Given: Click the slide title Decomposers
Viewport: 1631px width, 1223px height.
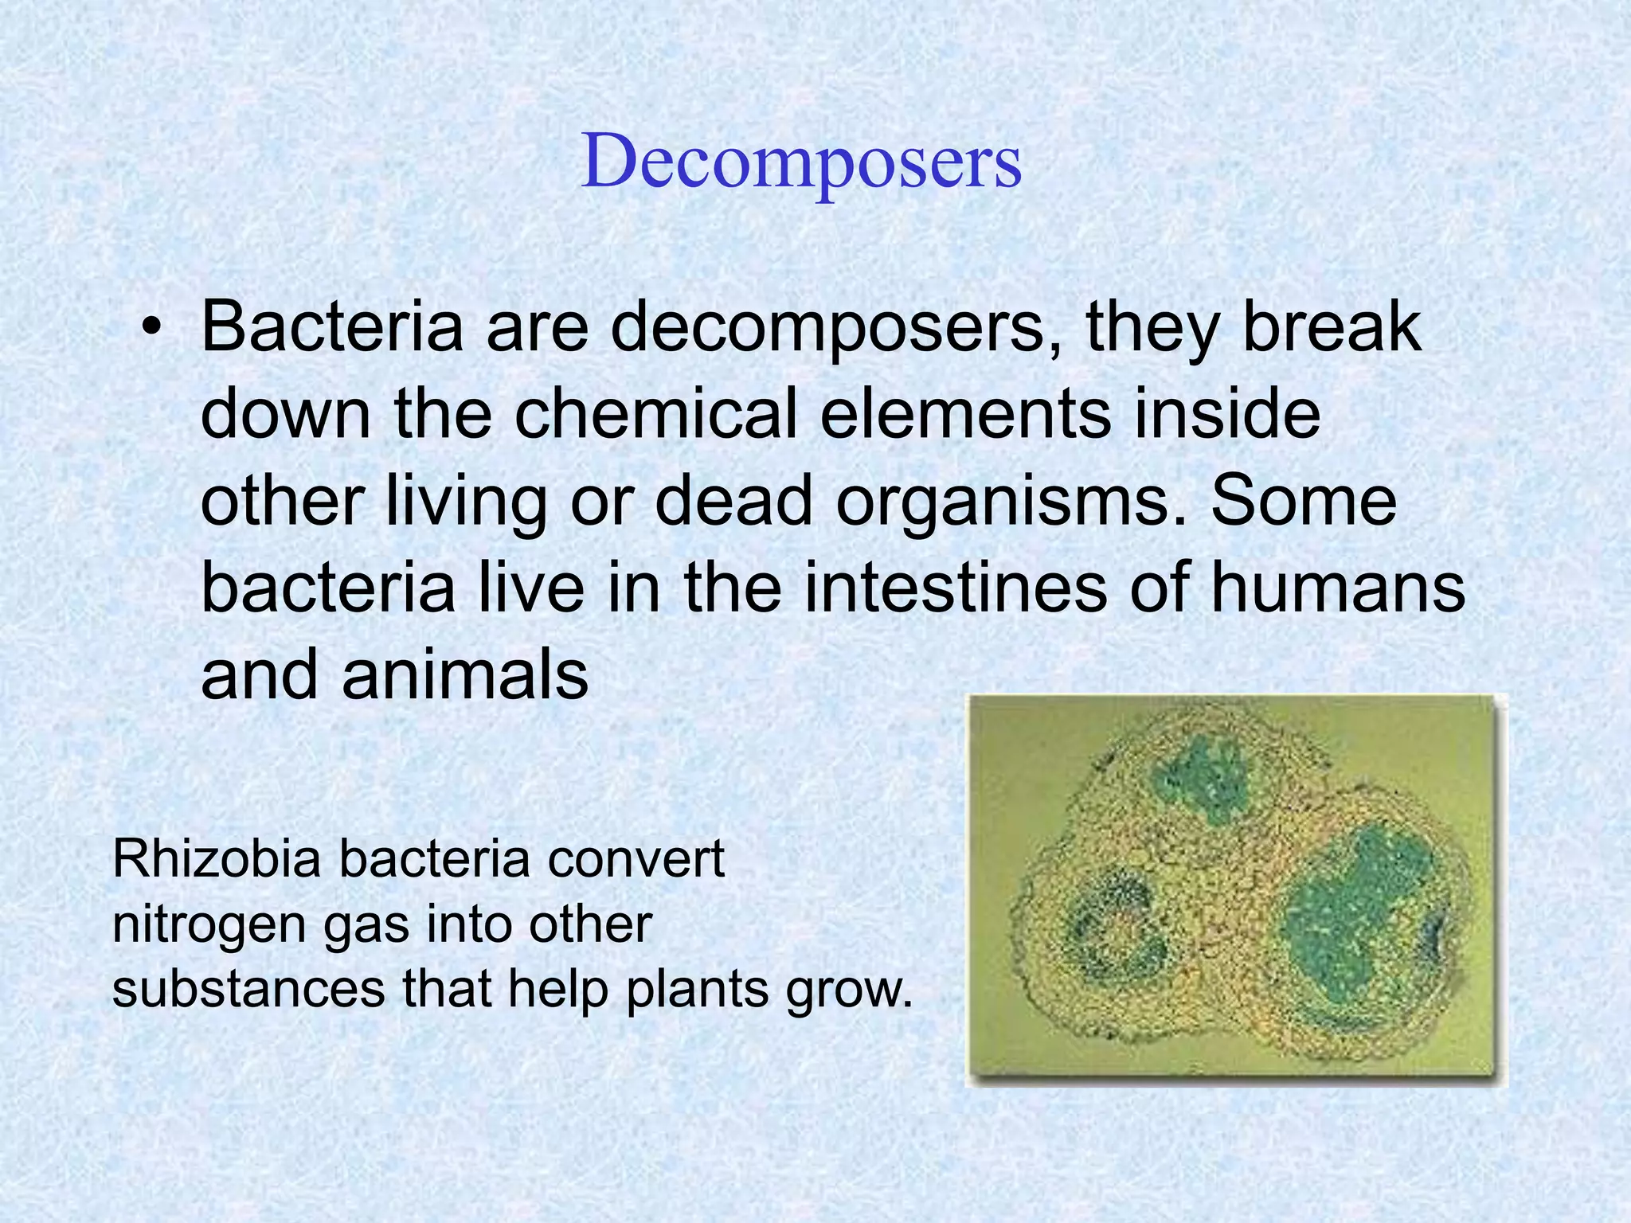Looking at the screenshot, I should pyautogui.click(x=801, y=162).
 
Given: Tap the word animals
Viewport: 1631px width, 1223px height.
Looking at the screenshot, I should pyautogui.click(x=465, y=675).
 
